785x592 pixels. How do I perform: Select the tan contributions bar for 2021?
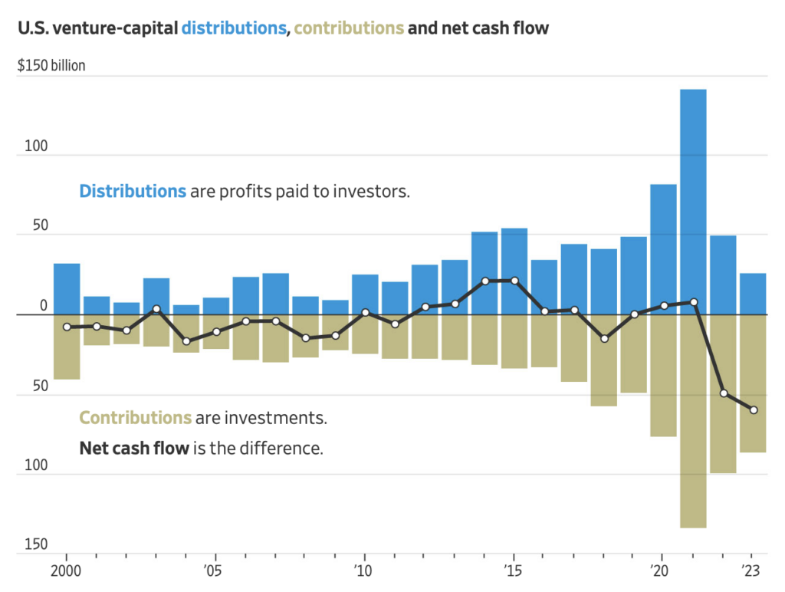(x=693, y=421)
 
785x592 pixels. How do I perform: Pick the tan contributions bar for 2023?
(x=753, y=383)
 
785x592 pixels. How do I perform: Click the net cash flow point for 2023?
(x=754, y=410)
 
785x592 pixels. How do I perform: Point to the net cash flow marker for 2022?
(x=724, y=393)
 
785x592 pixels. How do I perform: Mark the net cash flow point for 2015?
(x=514, y=281)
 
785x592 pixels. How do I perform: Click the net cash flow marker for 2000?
(x=67, y=327)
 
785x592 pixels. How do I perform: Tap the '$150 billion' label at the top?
(x=51, y=66)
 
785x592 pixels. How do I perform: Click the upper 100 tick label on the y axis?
(x=35, y=146)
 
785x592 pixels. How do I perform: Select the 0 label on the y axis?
(x=43, y=306)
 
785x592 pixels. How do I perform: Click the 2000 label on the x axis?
(x=67, y=571)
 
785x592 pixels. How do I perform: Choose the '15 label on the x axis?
(x=512, y=571)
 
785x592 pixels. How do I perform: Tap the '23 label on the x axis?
(x=751, y=571)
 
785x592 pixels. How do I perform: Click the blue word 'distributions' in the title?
(x=234, y=28)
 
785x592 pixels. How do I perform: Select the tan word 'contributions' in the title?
(x=349, y=28)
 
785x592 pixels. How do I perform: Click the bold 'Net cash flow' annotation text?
(x=134, y=448)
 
